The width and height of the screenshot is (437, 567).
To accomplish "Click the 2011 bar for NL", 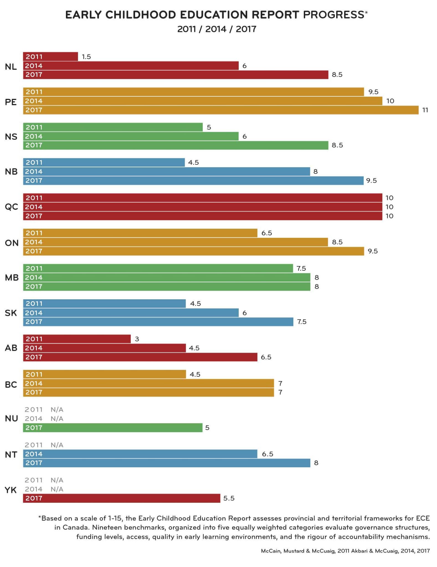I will click(x=50, y=56).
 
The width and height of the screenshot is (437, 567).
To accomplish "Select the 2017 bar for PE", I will click(x=220, y=110).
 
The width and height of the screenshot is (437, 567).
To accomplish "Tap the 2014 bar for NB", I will click(x=166, y=171).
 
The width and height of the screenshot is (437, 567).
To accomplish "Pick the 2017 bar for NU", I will click(x=112, y=427).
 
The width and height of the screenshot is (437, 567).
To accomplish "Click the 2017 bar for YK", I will click(x=121, y=498).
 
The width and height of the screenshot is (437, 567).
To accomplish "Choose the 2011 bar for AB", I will click(x=77, y=339).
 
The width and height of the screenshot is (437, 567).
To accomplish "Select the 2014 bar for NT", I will click(x=140, y=454).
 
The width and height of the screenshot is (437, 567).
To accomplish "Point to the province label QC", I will click(x=11, y=207).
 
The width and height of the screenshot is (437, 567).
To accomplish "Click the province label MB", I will click(x=12, y=277).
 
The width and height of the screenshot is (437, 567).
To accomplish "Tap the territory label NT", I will click(x=11, y=454).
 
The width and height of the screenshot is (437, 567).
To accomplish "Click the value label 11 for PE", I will click(x=425, y=110).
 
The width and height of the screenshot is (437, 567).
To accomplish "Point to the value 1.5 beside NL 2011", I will click(x=86, y=57).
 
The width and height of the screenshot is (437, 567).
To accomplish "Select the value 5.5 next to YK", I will click(x=229, y=498).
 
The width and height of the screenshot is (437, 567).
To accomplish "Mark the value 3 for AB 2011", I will click(x=137, y=339).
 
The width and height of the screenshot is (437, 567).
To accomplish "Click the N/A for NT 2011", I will click(x=57, y=445).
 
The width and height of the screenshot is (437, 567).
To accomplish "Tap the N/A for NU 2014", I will click(x=57, y=419).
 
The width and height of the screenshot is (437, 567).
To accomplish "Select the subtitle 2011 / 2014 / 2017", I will click(x=217, y=29).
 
